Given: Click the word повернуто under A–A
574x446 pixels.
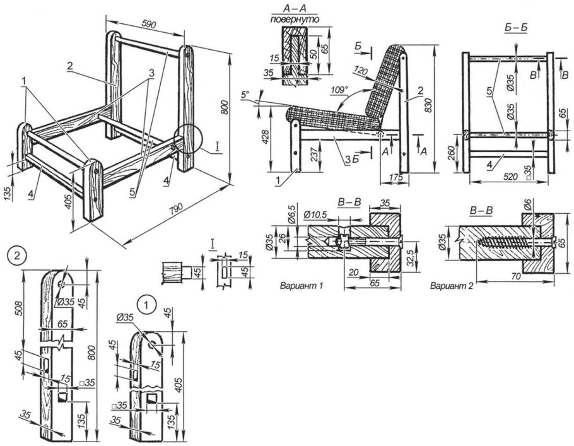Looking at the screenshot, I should pyautogui.click(x=295, y=20).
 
